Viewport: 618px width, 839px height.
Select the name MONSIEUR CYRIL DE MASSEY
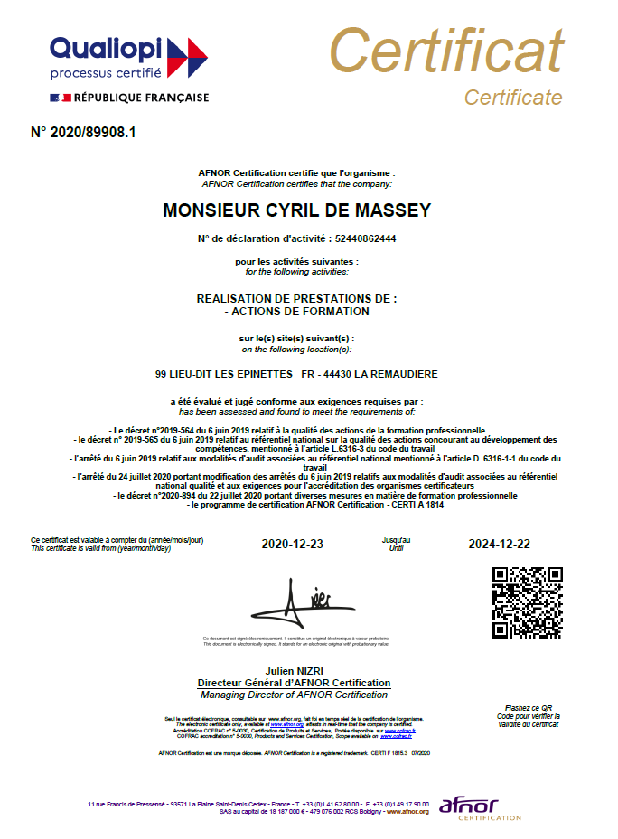296,210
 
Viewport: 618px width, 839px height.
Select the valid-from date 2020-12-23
292,544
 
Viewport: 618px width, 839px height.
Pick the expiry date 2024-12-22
499,544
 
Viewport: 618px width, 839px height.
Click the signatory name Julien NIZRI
295,672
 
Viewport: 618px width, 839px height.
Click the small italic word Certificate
512,98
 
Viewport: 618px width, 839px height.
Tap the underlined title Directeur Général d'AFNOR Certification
295,683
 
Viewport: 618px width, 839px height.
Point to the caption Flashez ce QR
529,708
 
